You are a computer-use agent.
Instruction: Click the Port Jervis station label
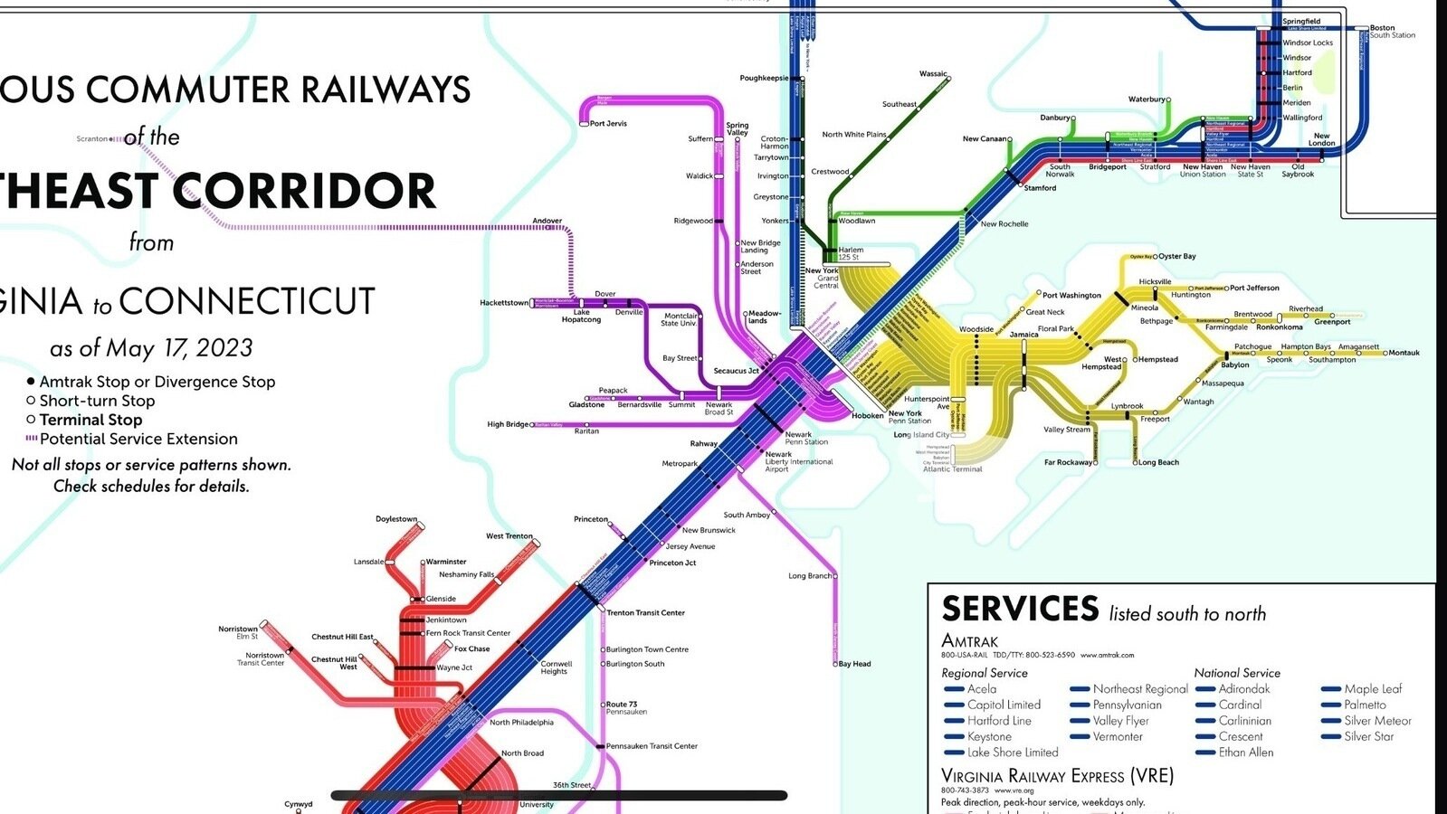tap(608, 124)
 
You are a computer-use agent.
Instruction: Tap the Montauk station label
tap(1404, 353)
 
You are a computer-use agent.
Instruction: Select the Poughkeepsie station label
tap(764, 79)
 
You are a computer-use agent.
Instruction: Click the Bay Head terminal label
tap(854, 664)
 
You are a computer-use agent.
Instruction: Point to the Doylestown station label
tap(396, 519)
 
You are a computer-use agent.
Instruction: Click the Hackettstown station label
tap(504, 303)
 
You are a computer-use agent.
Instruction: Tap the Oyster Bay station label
tap(1177, 257)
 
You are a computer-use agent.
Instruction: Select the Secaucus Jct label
tap(736, 371)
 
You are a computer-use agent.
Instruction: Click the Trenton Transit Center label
tap(645, 613)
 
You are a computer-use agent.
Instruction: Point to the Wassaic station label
tap(932, 74)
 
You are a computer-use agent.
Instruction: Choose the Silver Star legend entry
tap(1368, 737)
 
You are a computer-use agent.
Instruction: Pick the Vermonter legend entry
tap(1118, 737)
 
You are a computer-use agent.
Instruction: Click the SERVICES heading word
tap(1020, 609)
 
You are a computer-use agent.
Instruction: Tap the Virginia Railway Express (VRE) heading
tap(1057, 776)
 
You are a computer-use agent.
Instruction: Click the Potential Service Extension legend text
tap(138, 440)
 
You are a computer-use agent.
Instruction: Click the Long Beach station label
tap(1158, 463)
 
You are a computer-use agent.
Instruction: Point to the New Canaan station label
tap(984, 139)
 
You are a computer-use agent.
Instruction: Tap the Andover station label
tap(547, 221)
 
